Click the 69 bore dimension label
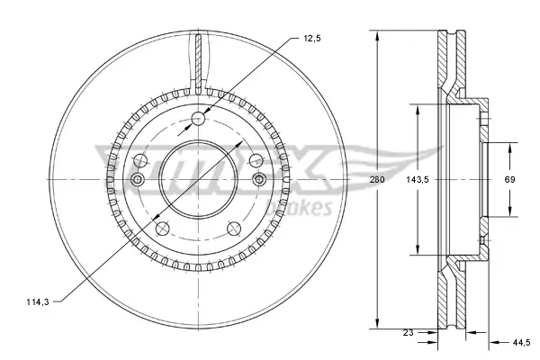tap(508, 181)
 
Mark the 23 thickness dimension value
tap(409, 333)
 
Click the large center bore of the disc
tap(199, 180)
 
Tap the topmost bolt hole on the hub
tap(199, 119)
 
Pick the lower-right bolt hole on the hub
tap(235, 229)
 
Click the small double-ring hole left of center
tap(138, 181)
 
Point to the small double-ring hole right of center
tap(260, 181)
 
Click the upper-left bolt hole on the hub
tap(140, 160)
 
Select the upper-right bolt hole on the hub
tap(256, 160)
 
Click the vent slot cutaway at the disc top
tap(199, 56)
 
